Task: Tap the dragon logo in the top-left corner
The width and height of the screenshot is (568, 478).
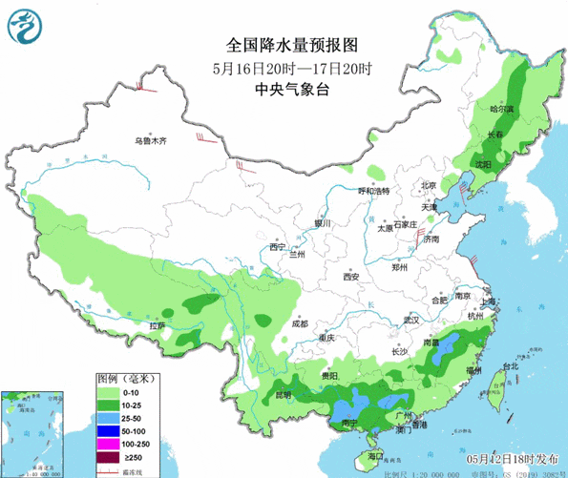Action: pyautogui.click(x=27, y=27)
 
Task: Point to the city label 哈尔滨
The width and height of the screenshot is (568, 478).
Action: pyautogui.click(x=501, y=109)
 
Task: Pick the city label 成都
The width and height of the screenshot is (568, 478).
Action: pyautogui.click(x=300, y=322)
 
